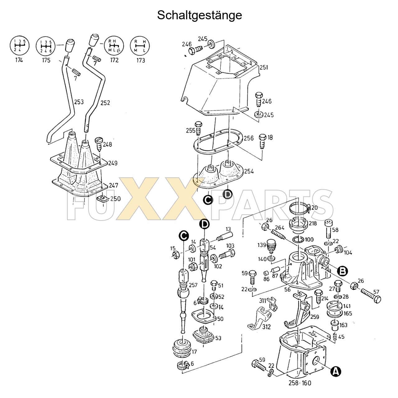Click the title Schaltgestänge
pos(199,15)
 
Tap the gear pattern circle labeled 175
pos(46,45)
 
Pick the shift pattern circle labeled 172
pos(114,45)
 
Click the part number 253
pos(79,102)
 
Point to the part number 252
pos(105,103)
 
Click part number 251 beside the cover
pos(264,67)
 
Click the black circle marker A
pos(335,371)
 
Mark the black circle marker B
pos(342,271)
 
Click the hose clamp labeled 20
pos(299,208)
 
